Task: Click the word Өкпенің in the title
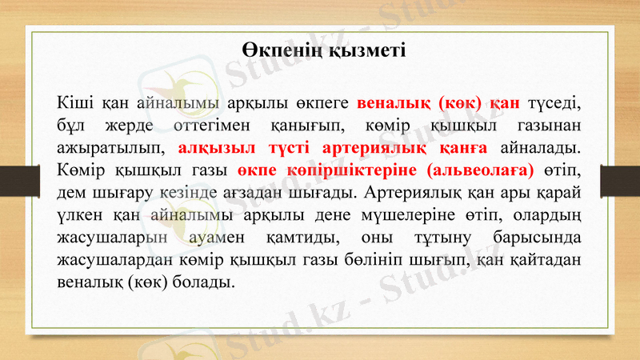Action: pos(280,50)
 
